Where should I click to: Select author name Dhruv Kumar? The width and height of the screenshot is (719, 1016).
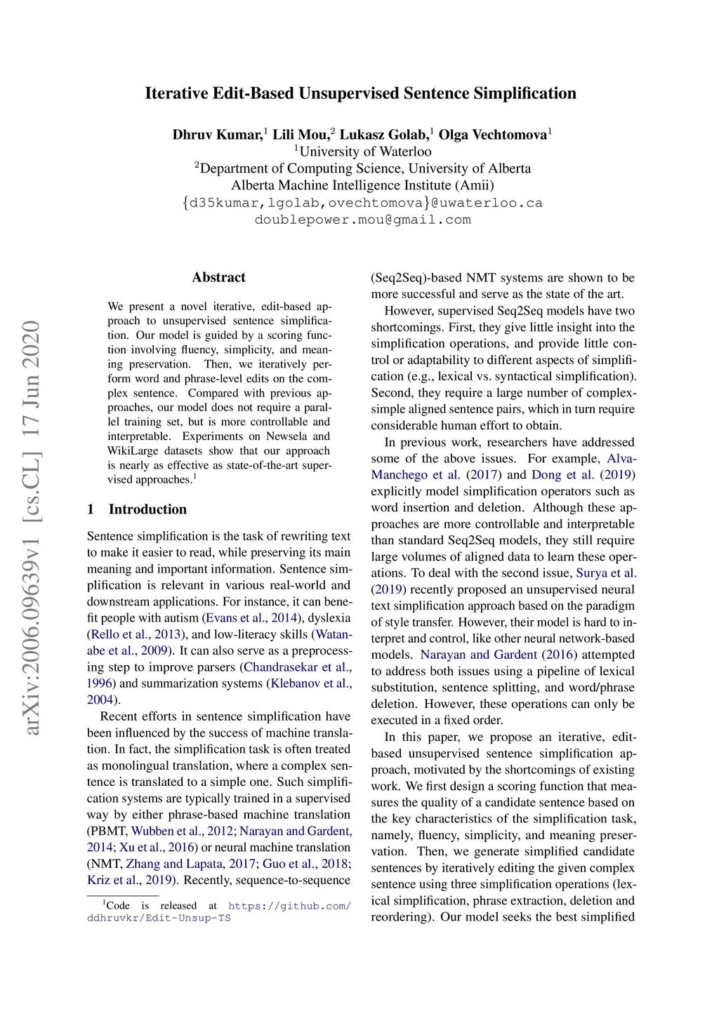pos(217,135)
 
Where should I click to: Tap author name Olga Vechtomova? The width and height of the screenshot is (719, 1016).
pos(493,135)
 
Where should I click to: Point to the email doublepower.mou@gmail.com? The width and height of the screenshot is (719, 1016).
pos(362,220)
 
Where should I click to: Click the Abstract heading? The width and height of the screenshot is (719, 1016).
pos(219,277)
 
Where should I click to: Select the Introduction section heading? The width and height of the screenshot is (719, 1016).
pos(147,509)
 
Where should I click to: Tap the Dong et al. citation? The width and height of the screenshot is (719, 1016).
pos(562,475)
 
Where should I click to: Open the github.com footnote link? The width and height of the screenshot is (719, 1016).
pos(289,906)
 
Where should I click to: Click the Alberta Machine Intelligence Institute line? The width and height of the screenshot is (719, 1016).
pos(362,185)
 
